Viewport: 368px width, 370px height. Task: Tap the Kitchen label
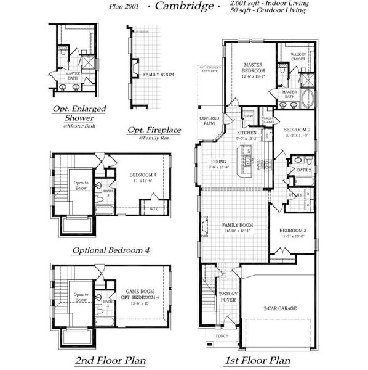coord(247,133)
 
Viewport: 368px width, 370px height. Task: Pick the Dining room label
coord(218,163)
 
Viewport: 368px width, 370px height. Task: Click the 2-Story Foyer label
coord(228,297)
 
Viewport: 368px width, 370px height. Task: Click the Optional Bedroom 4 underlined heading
coord(111,250)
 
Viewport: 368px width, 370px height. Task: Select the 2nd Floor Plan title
coord(111,360)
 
